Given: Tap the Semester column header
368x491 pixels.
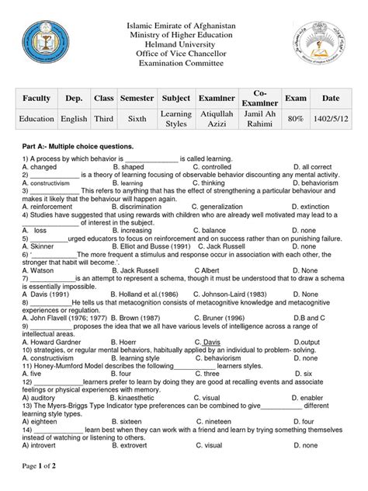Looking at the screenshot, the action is coord(137,101).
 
